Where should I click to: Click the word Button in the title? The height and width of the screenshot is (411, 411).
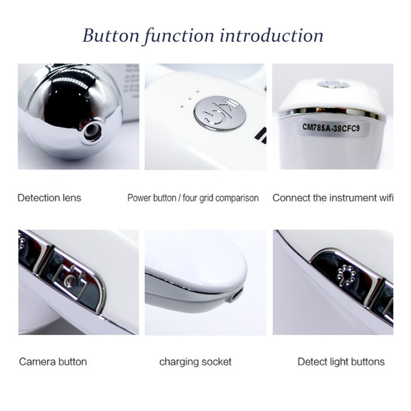pyautogui.click(x=111, y=35)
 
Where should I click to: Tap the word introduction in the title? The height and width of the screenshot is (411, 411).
pyautogui.click(x=272, y=35)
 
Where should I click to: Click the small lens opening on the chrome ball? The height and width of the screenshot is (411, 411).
pyautogui.click(x=92, y=132)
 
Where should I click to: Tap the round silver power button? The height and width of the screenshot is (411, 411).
pyautogui.click(x=220, y=113)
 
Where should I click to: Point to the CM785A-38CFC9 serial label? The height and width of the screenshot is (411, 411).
pyautogui.click(x=331, y=127)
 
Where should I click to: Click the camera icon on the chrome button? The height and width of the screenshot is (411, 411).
pyautogui.click(x=70, y=280)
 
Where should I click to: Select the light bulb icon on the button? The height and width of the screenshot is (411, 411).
pyautogui.click(x=346, y=275)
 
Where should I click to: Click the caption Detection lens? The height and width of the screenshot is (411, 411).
pyautogui.click(x=49, y=198)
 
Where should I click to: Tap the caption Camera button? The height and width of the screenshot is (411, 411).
pyautogui.click(x=53, y=362)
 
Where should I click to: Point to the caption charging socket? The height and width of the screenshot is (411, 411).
pyautogui.click(x=195, y=362)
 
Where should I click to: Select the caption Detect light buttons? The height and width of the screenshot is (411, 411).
pyautogui.click(x=341, y=362)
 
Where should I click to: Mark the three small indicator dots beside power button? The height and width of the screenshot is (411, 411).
pyautogui.click(x=189, y=99)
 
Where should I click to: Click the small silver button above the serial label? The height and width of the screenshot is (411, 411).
pyautogui.click(x=333, y=84)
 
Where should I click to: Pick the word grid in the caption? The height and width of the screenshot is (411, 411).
pyautogui.click(x=207, y=198)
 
